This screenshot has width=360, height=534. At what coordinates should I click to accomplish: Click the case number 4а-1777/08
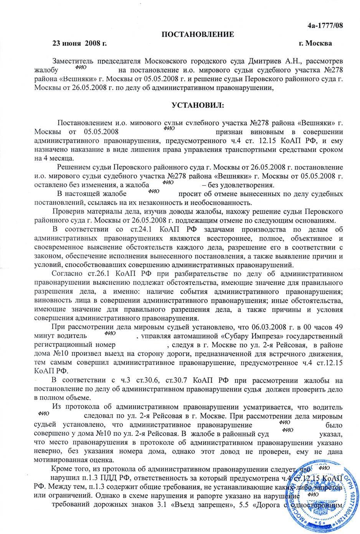[x=325, y=26]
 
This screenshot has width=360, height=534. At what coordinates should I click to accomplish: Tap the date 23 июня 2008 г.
[x=79, y=43]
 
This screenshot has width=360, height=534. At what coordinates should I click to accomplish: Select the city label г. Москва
[x=315, y=43]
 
